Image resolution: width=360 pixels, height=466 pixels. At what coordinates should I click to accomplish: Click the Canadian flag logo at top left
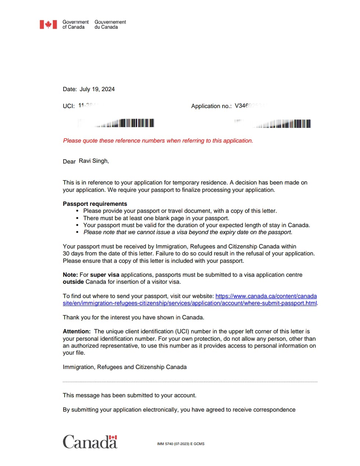tap(48, 25)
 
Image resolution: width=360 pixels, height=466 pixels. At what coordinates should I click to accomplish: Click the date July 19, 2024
tap(97, 89)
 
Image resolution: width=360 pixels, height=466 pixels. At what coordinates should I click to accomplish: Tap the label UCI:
tap(69, 106)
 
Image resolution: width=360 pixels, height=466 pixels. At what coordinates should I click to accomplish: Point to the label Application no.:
tap(211, 106)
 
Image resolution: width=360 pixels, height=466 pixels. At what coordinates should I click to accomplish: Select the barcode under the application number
tap(283, 124)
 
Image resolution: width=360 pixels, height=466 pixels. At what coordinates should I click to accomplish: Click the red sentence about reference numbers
tap(158, 141)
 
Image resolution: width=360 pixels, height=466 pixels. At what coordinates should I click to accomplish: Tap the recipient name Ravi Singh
tap(93, 161)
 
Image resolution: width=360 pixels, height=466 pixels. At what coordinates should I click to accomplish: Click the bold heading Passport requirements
tap(95, 204)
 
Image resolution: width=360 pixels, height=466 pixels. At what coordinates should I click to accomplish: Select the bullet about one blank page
tap(156, 218)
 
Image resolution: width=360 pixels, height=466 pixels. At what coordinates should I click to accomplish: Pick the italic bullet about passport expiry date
tap(188, 232)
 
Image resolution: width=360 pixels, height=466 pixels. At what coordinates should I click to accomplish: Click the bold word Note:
tap(70, 275)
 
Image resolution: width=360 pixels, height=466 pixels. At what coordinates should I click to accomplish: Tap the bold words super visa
tap(105, 275)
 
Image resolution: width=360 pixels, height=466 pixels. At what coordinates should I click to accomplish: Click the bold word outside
tap(73, 282)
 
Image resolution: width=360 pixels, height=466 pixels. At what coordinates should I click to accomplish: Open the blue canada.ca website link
tap(266, 296)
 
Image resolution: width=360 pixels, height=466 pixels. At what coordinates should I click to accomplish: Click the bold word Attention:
tap(76, 331)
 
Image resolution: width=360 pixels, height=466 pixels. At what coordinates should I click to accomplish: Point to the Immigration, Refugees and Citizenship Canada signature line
tap(125, 367)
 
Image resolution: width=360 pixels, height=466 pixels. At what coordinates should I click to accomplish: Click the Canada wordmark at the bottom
tap(90, 442)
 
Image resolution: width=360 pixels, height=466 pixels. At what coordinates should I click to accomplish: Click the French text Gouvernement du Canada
tap(110, 25)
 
